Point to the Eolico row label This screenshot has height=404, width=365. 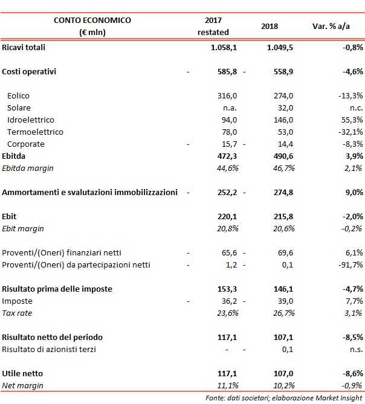(x=18, y=95)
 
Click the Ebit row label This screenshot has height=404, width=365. (x=10, y=216)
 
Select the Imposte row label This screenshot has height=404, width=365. (x=18, y=301)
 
